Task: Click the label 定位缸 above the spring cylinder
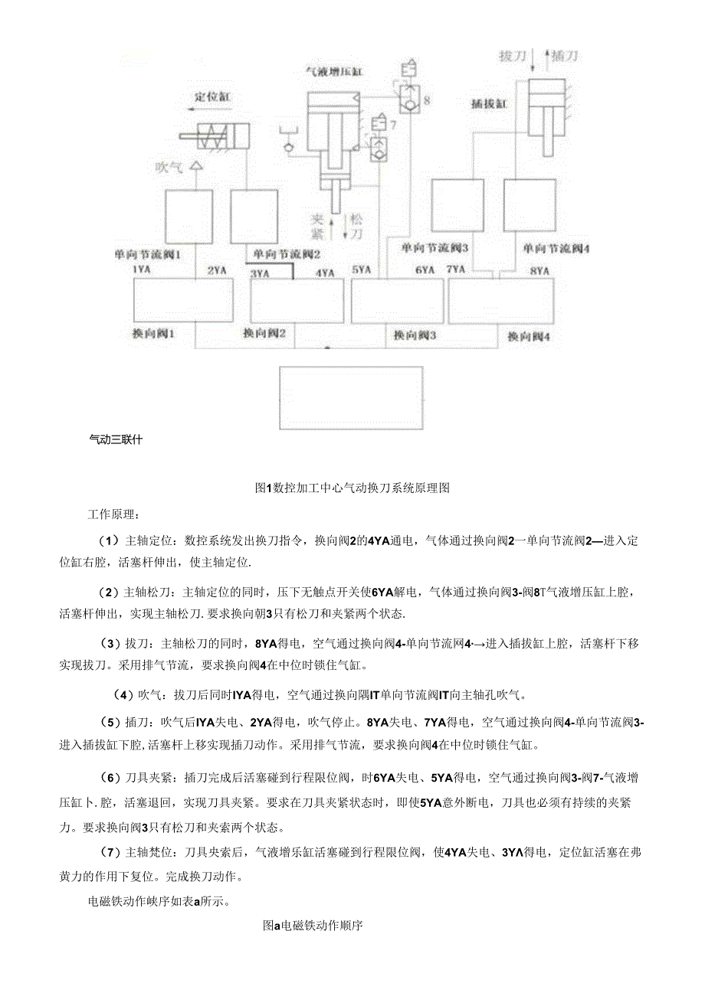point(212,96)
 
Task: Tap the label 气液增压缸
point(334,71)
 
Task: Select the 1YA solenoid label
point(141,270)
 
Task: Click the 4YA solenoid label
point(325,272)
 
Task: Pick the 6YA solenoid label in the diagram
point(425,270)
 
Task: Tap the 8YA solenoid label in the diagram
point(540,271)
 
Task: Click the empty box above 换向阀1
point(183,300)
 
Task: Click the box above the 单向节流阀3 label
point(457,204)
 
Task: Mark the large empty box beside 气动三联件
point(350,397)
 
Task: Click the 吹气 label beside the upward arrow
point(169,167)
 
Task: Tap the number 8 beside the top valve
point(427,100)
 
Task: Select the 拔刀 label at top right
point(512,56)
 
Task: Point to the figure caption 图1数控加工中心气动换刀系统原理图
point(352,488)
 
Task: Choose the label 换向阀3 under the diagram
point(415,335)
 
